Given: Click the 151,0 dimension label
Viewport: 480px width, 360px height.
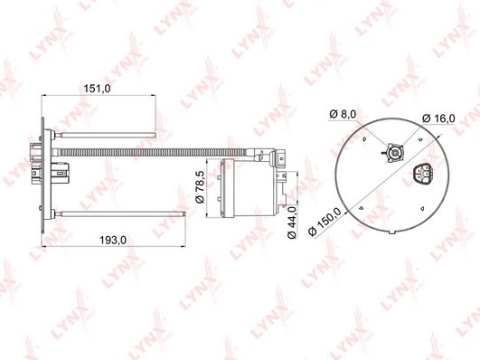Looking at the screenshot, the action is pyautogui.click(x=97, y=89).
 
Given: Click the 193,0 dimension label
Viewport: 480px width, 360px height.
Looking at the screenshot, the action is pyautogui.click(x=113, y=240).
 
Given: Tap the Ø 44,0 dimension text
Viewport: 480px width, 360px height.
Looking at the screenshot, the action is pyautogui.click(x=291, y=222).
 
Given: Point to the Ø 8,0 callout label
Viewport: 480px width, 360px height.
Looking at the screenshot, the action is pyautogui.click(x=343, y=114).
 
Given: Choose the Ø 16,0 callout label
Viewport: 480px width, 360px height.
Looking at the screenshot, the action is pyautogui.click(x=438, y=118).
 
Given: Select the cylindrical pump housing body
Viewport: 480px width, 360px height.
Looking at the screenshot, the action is pyautogui.click(x=249, y=187).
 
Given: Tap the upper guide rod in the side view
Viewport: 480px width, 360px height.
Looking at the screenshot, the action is pyautogui.click(x=105, y=135).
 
